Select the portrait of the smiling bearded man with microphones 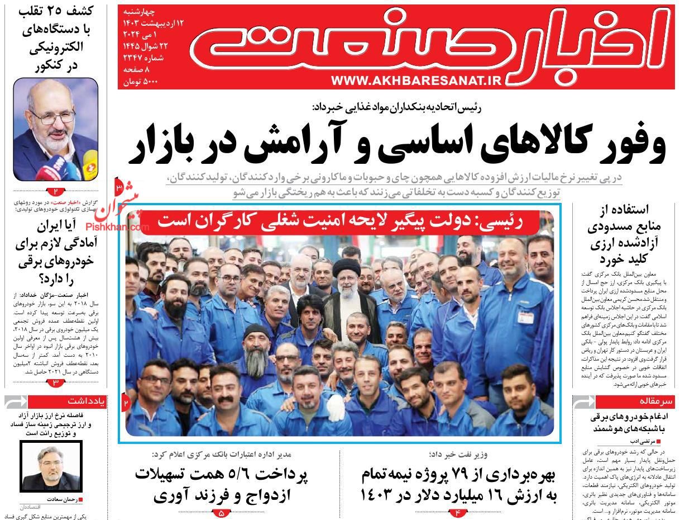pyautogui.click(x=56, y=130)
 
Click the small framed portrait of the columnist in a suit pyautogui.click(x=51, y=466)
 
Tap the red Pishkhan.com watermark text pyautogui.click(x=118, y=227)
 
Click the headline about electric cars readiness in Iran pyautogui.click(x=56, y=252)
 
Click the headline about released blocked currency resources pyautogui.click(x=624, y=234)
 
